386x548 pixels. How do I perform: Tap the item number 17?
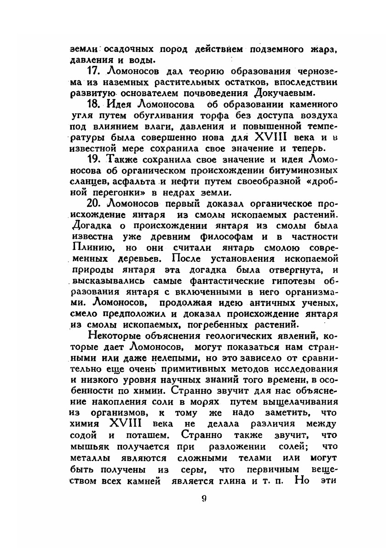pyautogui.click(x=94, y=72)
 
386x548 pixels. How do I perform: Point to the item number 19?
pyautogui.click(x=94, y=160)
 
